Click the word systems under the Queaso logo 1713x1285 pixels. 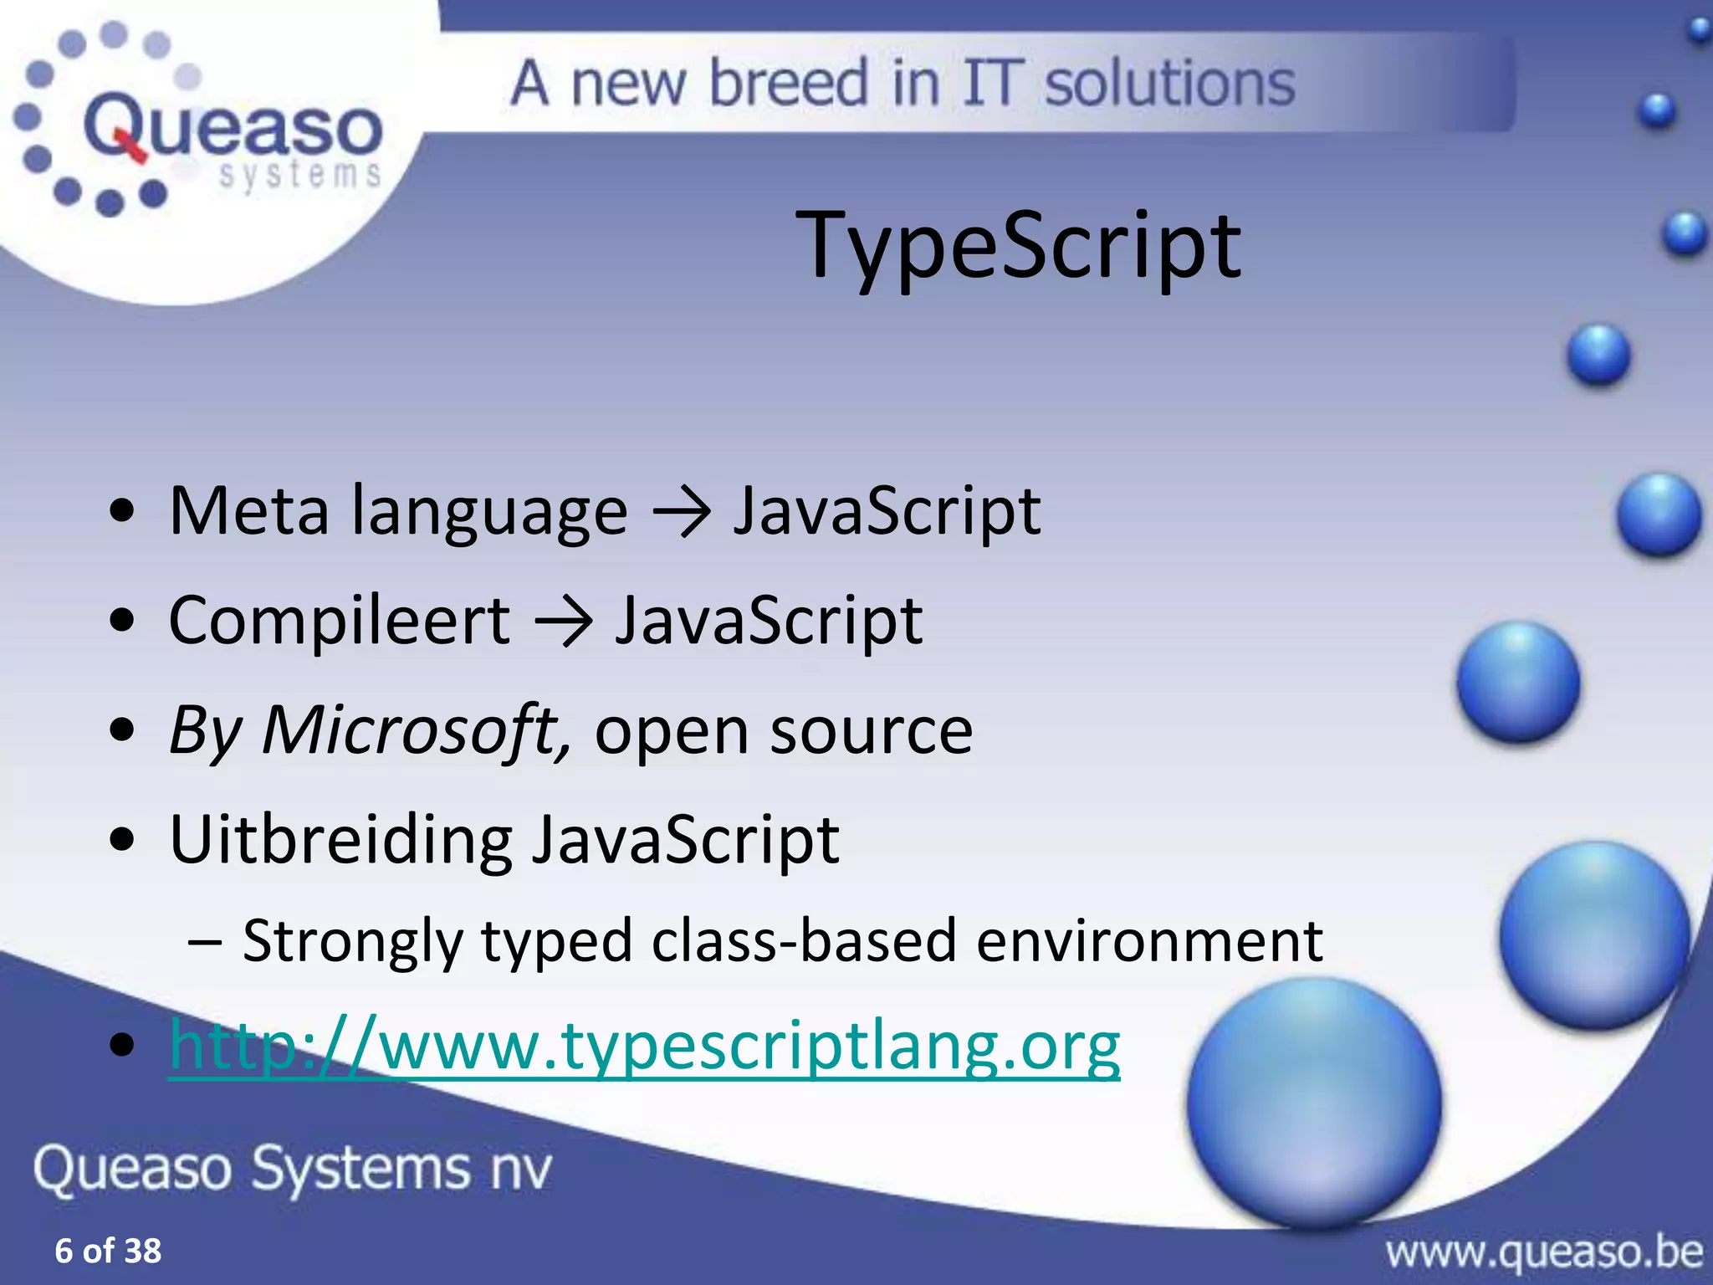click(299, 175)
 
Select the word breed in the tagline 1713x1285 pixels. click(788, 84)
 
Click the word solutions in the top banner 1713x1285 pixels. click(1169, 84)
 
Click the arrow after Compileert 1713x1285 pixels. click(563, 622)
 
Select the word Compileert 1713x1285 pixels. click(339, 621)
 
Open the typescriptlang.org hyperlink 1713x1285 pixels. click(644, 1046)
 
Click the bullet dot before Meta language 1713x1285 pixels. click(122, 512)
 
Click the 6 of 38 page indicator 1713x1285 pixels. click(108, 1251)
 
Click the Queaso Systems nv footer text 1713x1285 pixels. click(293, 1168)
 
